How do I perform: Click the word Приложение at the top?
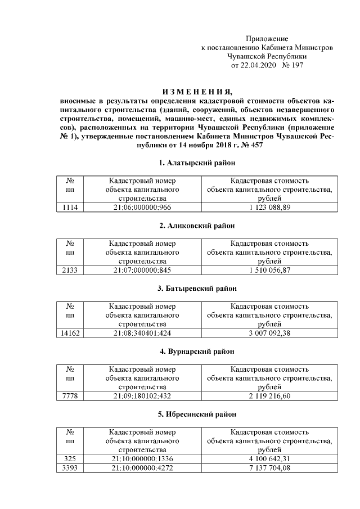point(267,39)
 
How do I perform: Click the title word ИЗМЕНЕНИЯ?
point(196,92)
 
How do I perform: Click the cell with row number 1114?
point(71,208)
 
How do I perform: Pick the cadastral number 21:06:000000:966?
point(142,208)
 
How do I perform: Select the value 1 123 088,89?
point(269,208)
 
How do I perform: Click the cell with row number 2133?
point(71,271)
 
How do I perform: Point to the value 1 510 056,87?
point(269,271)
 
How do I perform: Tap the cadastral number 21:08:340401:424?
point(142,334)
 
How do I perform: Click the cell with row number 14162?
point(71,334)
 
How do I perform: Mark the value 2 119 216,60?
point(269,397)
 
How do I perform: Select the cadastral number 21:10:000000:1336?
point(142,460)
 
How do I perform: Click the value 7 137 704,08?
point(269,468)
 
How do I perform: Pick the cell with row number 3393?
point(71,468)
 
